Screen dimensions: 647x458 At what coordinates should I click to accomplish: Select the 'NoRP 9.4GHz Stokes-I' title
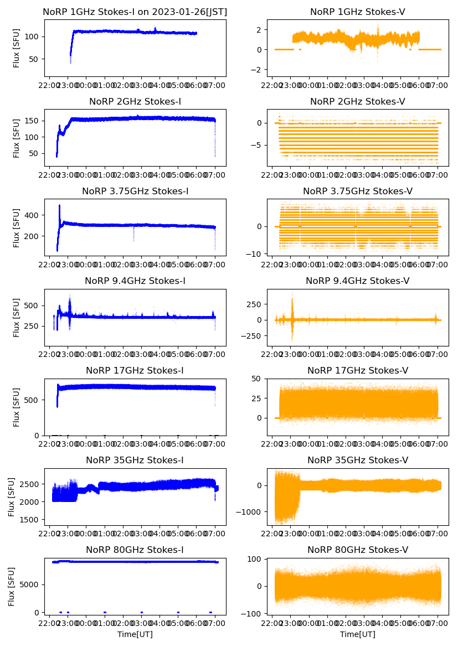135,281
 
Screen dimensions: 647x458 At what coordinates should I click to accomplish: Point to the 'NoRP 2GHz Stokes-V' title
357,101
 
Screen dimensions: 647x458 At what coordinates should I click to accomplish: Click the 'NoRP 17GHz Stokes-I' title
135,370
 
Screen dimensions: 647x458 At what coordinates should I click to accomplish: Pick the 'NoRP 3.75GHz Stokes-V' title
357,191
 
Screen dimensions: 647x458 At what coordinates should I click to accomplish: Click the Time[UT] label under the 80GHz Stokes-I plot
135,634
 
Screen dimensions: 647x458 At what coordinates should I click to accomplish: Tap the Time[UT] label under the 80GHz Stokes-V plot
357,634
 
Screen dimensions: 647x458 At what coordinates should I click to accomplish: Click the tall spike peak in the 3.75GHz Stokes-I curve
59,205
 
